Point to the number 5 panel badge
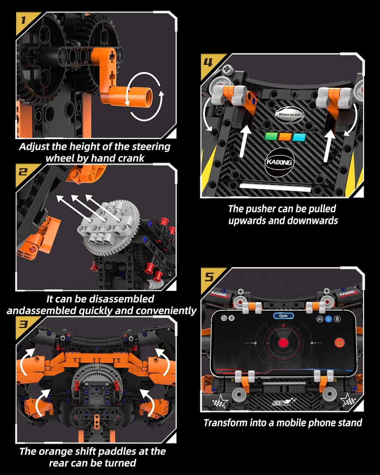[x=209, y=276]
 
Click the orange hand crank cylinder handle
[x=139, y=96]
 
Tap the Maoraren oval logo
[x=289, y=115]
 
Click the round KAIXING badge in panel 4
[x=279, y=162]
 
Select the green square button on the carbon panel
[x=271, y=136]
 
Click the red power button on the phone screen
[x=339, y=343]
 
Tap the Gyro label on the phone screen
[x=283, y=316]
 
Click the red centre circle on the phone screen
[x=283, y=343]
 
